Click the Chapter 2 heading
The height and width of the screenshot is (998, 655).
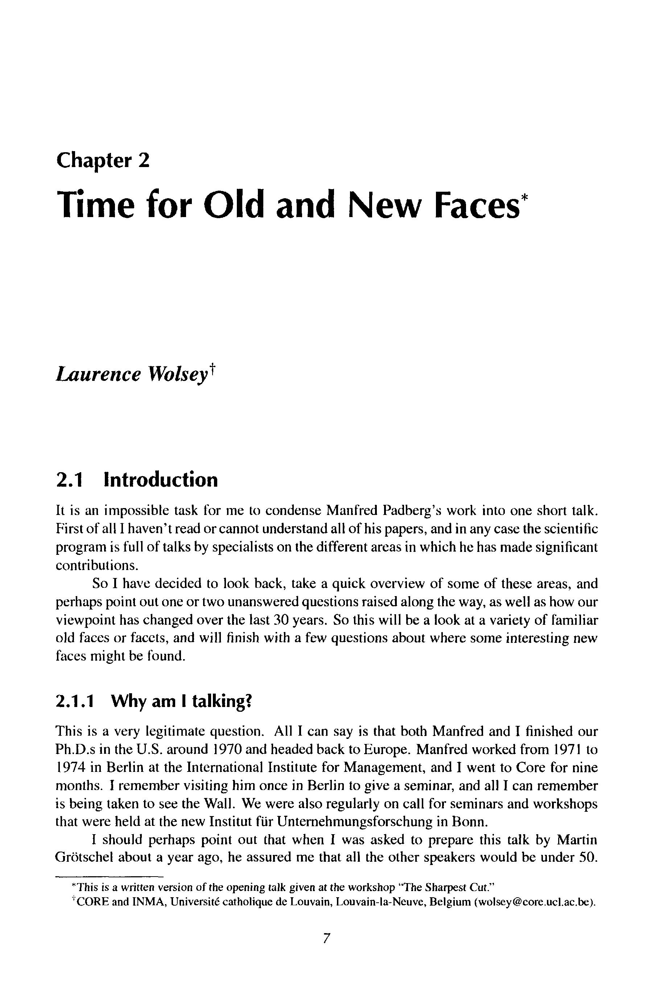coord(103,161)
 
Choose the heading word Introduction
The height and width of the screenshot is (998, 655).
coord(161,480)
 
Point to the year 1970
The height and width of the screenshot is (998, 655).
coord(227,749)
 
